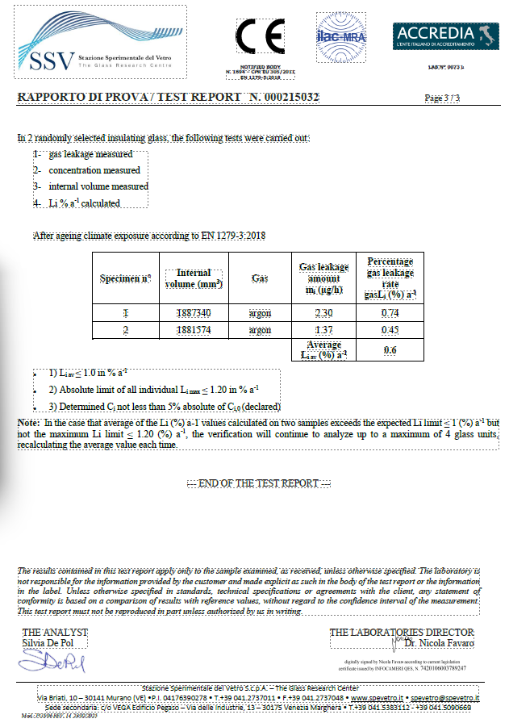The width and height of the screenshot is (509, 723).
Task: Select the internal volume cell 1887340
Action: pos(194,313)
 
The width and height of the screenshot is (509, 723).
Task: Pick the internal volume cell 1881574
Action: pos(194,331)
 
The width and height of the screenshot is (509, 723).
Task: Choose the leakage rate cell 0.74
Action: pos(390,313)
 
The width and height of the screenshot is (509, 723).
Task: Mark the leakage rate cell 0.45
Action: pos(390,331)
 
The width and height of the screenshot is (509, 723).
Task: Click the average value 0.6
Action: pos(390,350)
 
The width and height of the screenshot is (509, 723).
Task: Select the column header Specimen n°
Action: pos(126,278)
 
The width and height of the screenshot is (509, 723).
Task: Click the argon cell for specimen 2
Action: pos(260,331)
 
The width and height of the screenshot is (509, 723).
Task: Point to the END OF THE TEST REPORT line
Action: pos(259,483)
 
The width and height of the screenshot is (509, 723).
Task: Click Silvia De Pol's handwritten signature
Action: pos(52,663)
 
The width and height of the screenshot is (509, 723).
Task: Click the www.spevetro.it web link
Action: pos(376,697)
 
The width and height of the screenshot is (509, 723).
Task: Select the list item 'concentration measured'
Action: pos(94,170)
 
